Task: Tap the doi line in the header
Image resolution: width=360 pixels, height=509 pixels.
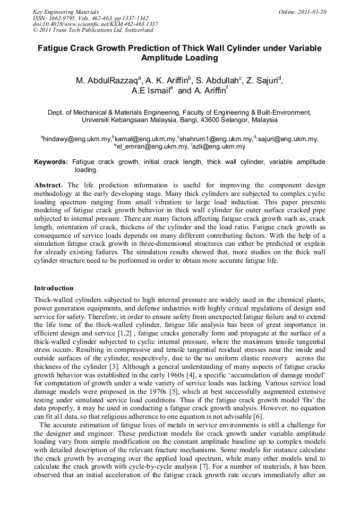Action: [96, 24]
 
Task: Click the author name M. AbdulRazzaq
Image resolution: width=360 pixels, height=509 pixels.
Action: [107, 81]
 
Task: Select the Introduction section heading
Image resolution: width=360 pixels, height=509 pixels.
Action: [54, 288]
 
